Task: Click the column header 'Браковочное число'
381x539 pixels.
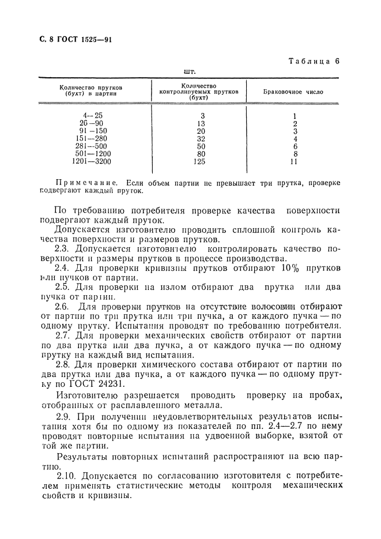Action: [x=293, y=92]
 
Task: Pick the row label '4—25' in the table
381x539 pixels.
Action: [x=92, y=115]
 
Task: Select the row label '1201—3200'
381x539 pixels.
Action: [x=92, y=162]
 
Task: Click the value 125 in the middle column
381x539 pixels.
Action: [x=200, y=162]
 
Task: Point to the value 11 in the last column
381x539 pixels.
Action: [x=294, y=162]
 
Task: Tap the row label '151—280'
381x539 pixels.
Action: [x=92, y=138]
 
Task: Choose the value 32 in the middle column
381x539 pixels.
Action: [x=200, y=138]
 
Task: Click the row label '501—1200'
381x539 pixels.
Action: [x=92, y=154]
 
